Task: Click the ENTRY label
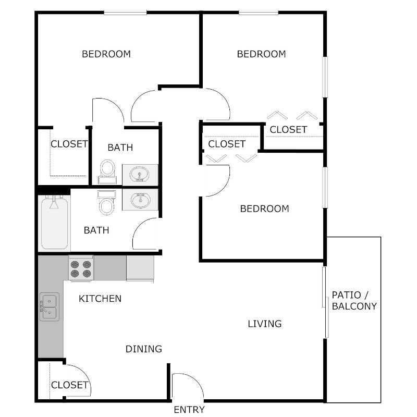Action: (189, 410)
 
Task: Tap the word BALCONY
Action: (354, 306)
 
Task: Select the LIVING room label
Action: (264, 324)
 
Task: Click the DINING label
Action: (144, 349)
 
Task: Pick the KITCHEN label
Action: (100, 299)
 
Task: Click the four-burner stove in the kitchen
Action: (81, 268)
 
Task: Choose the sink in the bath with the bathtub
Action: (140, 200)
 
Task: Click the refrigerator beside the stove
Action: (140, 268)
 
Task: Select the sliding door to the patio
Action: (325, 302)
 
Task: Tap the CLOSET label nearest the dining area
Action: (69, 385)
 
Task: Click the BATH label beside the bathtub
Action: (96, 230)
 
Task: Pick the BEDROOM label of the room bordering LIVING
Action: (264, 209)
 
